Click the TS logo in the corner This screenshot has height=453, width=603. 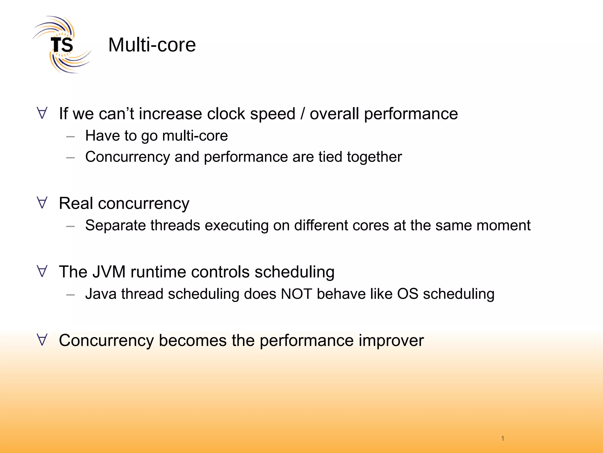pyautogui.click(x=62, y=45)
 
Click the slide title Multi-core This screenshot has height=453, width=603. pyautogui.click(x=152, y=45)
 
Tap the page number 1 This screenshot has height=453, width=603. pyautogui.click(x=503, y=438)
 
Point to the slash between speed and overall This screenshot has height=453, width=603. pyautogui.click(x=302, y=114)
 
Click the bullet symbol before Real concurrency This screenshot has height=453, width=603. pyautogui.click(x=42, y=203)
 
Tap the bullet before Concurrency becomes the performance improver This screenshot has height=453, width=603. pyautogui.click(x=42, y=340)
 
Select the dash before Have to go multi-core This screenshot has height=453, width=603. pyautogui.click(x=70, y=137)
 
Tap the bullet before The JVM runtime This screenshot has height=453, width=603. pyautogui.click(x=42, y=271)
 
